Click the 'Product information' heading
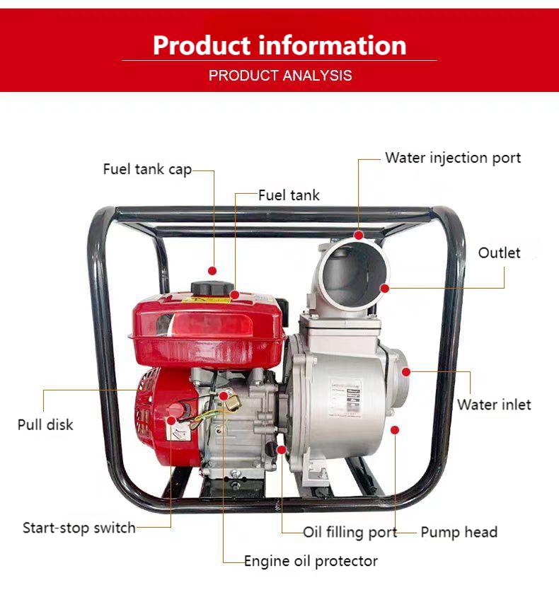click(279, 45)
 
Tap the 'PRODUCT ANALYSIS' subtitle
click(280, 75)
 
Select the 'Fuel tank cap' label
click(147, 170)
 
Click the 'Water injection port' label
click(453, 158)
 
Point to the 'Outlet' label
click(499, 253)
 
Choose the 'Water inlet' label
click(494, 405)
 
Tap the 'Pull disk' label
click(45, 425)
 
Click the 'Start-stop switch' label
click(79, 528)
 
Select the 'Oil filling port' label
click(350, 533)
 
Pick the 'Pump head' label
click(459, 532)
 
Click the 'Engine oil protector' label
click(311, 561)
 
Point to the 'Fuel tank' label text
click(289, 195)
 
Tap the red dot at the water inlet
click(406, 372)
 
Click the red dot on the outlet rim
click(385, 289)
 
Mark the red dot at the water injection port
click(359, 235)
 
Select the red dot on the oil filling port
click(281, 450)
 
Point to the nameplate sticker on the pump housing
click(345, 398)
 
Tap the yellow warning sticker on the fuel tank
click(207, 301)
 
